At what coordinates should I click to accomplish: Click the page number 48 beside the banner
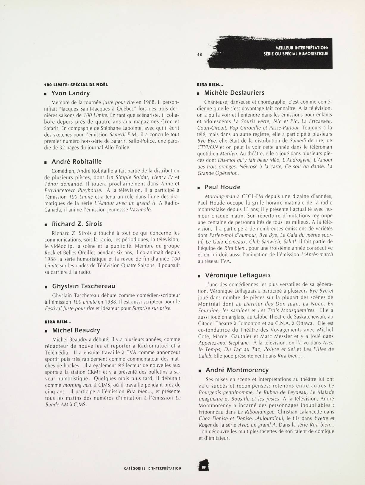(x=199, y=54)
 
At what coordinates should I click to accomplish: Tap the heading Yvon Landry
(x=71, y=93)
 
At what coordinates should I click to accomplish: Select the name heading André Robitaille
(x=77, y=162)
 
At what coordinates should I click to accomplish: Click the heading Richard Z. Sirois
(x=77, y=224)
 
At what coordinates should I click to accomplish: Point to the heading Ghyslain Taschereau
(x=83, y=286)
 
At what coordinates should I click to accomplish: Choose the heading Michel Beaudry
(x=76, y=330)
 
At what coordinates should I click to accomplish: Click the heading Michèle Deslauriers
(x=234, y=93)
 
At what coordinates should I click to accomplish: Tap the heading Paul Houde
(x=222, y=187)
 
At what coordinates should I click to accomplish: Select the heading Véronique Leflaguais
(x=238, y=275)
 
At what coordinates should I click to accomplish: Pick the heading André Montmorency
(x=237, y=370)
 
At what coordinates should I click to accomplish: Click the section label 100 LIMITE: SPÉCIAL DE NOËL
(x=76, y=85)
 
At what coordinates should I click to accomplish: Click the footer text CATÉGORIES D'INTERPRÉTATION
(x=152, y=468)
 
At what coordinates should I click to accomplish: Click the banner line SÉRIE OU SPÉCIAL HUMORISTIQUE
(x=296, y=54)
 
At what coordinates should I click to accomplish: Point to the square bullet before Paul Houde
(x=199, y=188)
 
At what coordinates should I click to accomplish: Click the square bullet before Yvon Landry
(x=45, y=94)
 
